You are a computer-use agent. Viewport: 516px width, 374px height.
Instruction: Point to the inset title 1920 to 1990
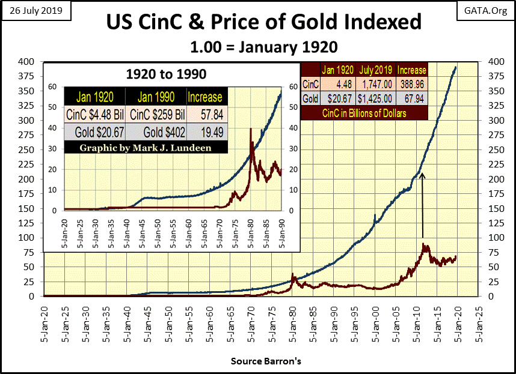pyautogui.click(x=165, y=74)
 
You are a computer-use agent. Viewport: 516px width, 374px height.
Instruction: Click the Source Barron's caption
pyautogui.click(x=257, y=361)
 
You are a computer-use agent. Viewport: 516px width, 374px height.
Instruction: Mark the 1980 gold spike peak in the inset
pyautogui.click(x=250, y=128)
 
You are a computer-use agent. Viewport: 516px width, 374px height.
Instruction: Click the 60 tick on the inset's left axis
pyautogui.click(x=52, y=86)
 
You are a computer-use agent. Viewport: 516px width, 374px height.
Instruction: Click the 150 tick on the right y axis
pyautogui.click(x=493, y=208)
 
